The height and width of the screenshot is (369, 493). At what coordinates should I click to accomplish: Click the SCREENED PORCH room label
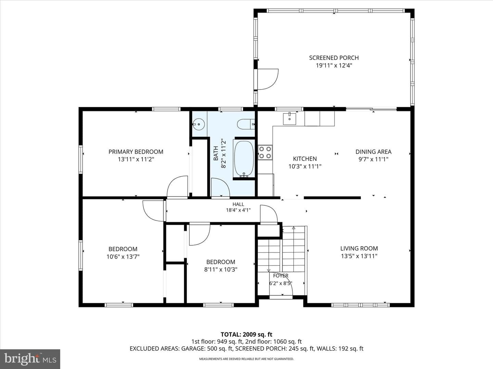coord(334,58)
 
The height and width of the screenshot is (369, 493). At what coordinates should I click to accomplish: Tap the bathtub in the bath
coord(244,159)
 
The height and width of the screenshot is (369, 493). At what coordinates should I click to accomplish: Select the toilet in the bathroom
coord(246,124)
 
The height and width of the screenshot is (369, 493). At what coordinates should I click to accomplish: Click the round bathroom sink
coord(199,124)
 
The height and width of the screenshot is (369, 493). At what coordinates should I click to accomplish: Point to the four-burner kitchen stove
coord(265,152)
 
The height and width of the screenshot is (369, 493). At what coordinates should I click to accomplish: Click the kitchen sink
coord(289,119)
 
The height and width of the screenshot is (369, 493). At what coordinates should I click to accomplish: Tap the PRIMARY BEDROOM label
coord(136,152)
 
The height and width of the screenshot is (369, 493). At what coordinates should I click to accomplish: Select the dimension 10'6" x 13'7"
coord(123,257)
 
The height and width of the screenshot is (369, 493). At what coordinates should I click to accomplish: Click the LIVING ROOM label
coord(359,248)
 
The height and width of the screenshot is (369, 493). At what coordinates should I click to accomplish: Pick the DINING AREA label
coord(373,152)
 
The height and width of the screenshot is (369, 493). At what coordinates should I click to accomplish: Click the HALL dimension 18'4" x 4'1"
coord(238,210)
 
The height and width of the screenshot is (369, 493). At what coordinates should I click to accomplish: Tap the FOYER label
coord(280,276)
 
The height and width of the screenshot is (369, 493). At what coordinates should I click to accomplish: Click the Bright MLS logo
coord(30,359)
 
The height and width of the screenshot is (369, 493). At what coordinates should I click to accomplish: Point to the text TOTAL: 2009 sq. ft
coord(246,334)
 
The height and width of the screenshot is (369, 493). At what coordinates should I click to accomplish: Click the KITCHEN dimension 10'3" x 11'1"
coord(305,166)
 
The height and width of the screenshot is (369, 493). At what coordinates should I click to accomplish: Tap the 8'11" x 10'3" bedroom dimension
coord(220,270)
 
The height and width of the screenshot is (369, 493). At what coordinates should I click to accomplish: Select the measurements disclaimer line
coord(246,359)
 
